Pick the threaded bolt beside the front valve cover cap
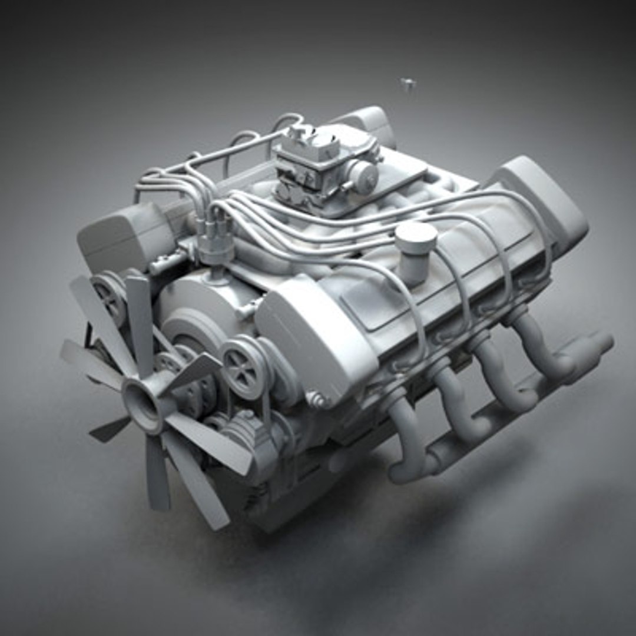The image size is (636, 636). (317, 401)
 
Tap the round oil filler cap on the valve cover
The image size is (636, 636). (416, 238)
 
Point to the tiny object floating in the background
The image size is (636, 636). (407, 84)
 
